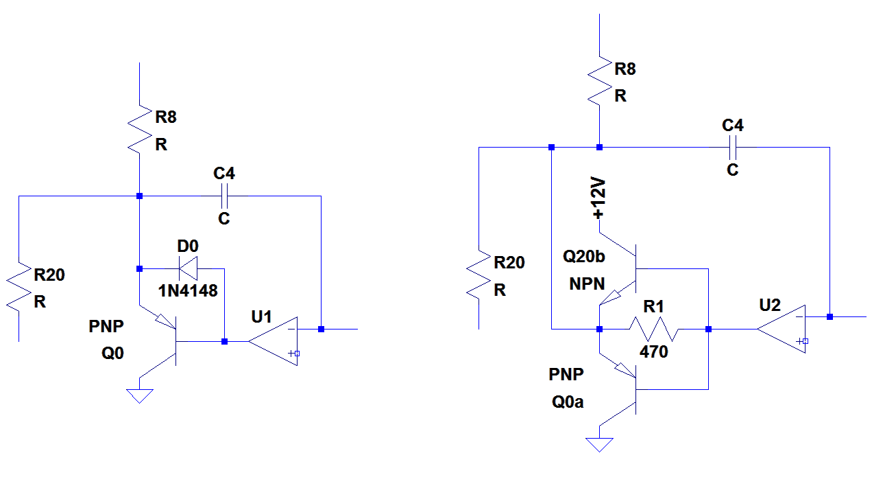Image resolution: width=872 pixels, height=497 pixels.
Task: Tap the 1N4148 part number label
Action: (188, 291)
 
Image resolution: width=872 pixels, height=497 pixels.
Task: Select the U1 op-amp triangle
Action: (273, 340)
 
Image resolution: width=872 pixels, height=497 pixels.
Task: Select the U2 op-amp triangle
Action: (782, 329)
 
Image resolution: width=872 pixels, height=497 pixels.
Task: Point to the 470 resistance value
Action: (653, 352)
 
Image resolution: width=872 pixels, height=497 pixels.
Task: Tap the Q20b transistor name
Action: (584, 257)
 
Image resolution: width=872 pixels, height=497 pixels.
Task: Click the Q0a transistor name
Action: (568, 402)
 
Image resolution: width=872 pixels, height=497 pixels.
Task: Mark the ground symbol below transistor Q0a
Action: (599, 444)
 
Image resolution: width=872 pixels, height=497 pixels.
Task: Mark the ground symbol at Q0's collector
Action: (140, 395)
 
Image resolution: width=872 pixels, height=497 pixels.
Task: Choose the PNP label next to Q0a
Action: (566, 375)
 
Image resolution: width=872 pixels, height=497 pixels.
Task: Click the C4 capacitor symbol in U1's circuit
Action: (224, 196)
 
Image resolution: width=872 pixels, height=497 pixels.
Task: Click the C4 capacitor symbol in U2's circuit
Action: (732, 147)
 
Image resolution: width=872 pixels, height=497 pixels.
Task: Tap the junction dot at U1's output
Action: (321, 329)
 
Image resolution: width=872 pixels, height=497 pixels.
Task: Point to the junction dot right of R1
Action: (708, 330)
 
